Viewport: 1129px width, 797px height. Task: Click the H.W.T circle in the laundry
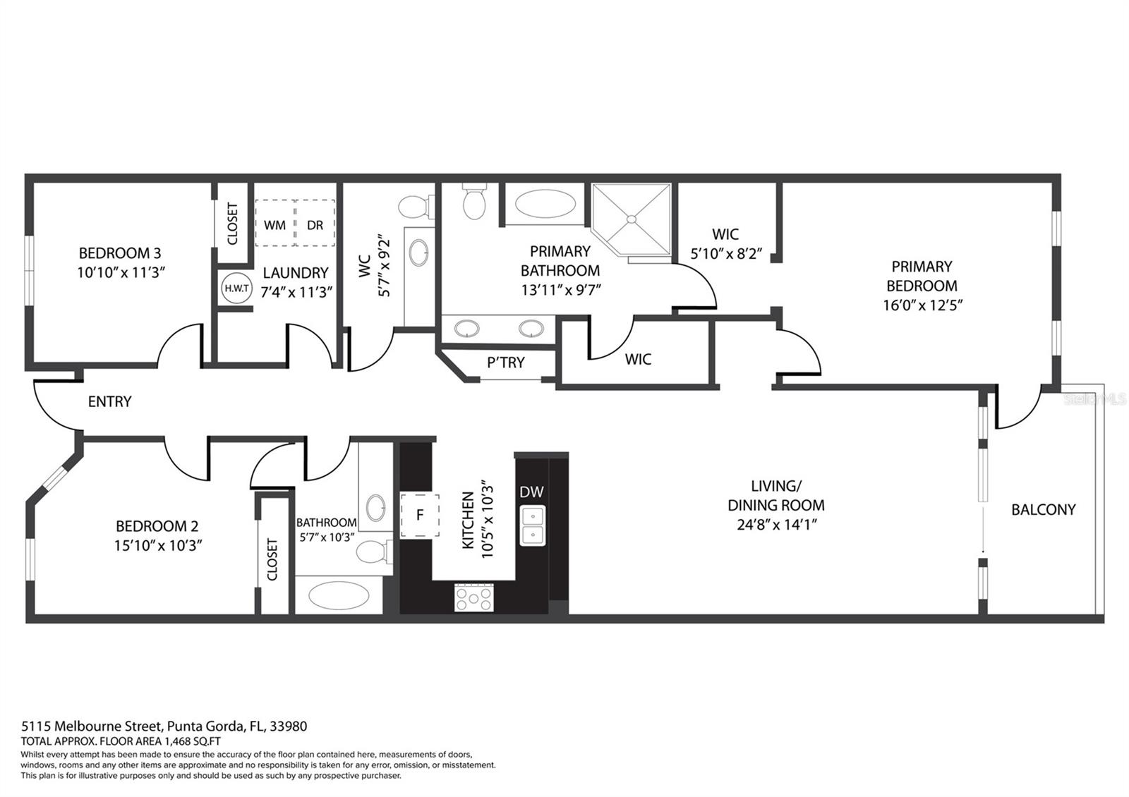pyautogui.click(x=236, y=288)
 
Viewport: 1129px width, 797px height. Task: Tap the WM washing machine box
pyautogui.click(x=274, y=223)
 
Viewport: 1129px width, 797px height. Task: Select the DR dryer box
pyautogui.click(x=315, y=223)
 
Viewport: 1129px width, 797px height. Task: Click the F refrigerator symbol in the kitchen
pyautogui.click(x=420, y=516)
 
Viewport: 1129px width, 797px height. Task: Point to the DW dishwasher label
pyautogui.click(x=531, y=492)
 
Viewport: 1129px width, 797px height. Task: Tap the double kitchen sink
pyautogui.click(x=532, y=526)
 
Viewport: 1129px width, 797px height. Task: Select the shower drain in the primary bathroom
pyautogui.click(x=631, y=219)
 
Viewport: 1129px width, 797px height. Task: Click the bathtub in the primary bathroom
pyautogui.click(x=545, y=204)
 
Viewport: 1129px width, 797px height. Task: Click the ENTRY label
pyautogui.click(x=110, y=401)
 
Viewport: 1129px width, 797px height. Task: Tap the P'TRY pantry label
pyautogui.click(x=505, y=363)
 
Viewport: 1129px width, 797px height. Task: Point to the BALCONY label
pyautogui.click(x=1044, y=510)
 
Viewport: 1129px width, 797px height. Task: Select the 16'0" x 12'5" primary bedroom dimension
pyautogui.click(x=922, y=305)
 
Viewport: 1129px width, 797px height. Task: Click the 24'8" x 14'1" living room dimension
pyautogui.click(x=777, y=525)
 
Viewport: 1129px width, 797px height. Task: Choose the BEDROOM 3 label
pyautogui.click(x=120, y=253)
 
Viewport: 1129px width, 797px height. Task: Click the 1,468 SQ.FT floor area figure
pyautogui.click(x=192, y=741)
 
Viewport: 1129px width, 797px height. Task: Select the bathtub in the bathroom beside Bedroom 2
pyautogui.click(x=339, y=595)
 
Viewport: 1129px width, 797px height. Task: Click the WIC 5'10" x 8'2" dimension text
pyautogui.click(x=726, y=254)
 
